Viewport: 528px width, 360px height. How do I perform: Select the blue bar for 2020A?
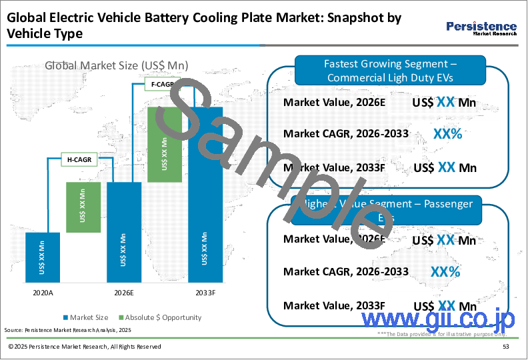pos(43,257)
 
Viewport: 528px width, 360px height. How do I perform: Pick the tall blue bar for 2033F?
pos(205,193)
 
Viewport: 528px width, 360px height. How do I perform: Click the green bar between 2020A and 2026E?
pos(83,207)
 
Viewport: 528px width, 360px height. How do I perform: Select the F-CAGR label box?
pos(160,84)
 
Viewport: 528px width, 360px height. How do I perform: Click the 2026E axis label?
pos(123,292)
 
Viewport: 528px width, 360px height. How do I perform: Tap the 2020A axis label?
pos(43,292)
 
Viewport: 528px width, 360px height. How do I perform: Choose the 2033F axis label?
pos(205,292)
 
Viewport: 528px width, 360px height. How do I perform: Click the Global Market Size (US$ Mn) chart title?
pos(117,65)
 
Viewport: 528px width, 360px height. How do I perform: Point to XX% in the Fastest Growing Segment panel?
pos(447,134)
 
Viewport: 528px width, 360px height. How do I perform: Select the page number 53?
pos(506,347)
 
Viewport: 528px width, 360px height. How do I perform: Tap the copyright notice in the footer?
pos(85,347)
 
